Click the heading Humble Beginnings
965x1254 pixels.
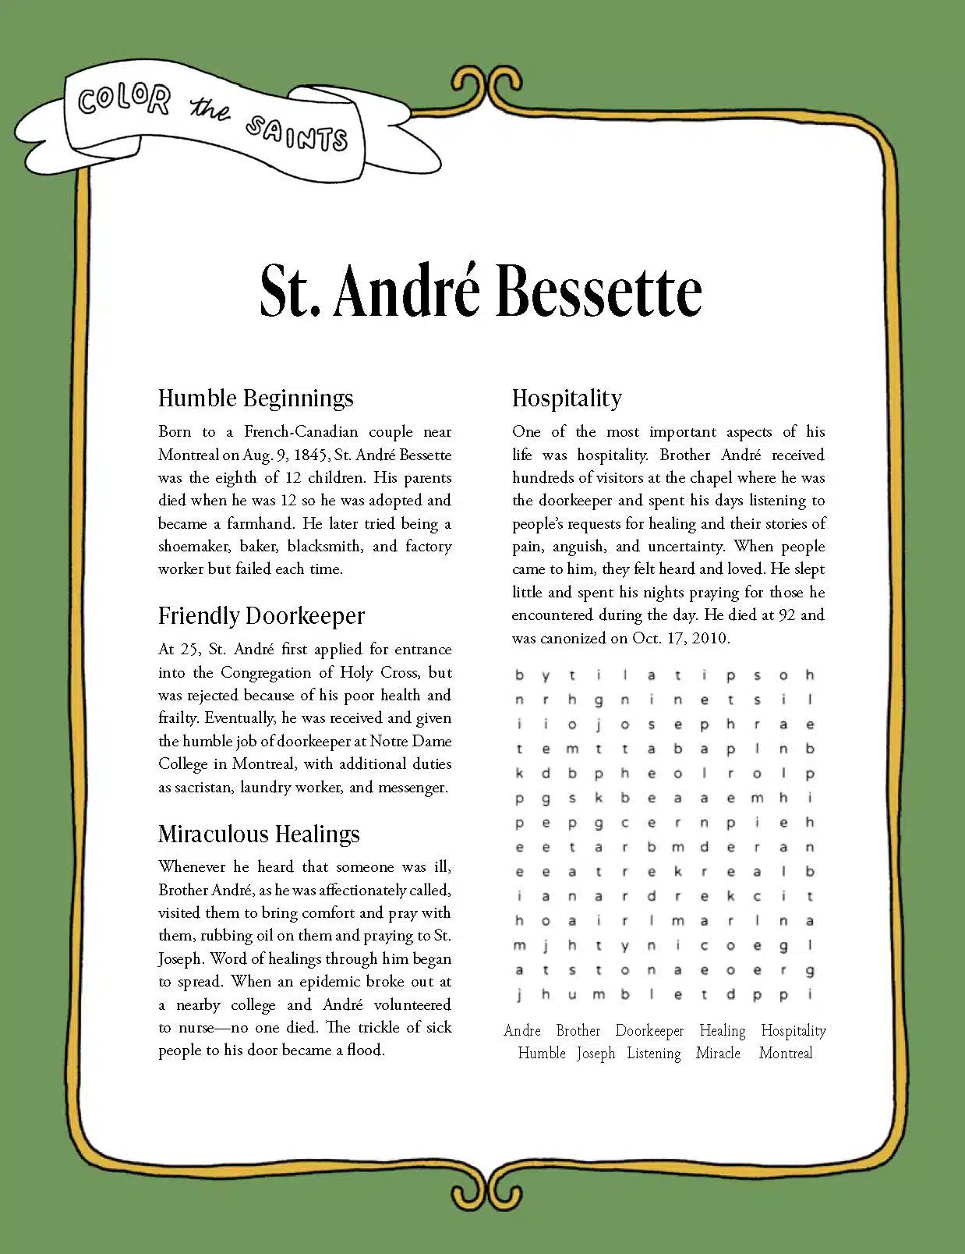(x=256, y=398)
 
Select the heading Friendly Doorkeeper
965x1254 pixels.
(x=261, y=616)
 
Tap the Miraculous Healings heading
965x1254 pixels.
(x=259, y=834)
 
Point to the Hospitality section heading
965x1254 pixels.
(x=567, y=398)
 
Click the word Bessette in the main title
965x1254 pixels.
(x=599, y=291)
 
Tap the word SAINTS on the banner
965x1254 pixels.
(x=296, y=133)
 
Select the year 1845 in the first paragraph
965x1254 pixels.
(x=312, y=455)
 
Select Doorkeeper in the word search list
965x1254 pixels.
(x=649, y=1030)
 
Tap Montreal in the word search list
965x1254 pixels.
(x=786, y=1053)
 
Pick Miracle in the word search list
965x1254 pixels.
(x=718, y=1053)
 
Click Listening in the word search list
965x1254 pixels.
(x=654, y=1053)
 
